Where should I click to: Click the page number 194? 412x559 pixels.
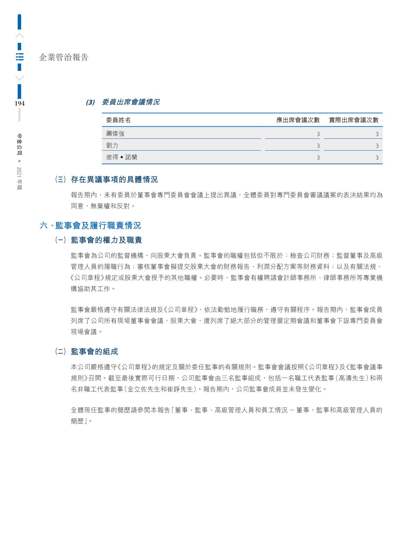pos(19,103)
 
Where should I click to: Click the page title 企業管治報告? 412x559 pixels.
pos(64,57)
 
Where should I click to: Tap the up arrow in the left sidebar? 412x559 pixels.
pos(20,36)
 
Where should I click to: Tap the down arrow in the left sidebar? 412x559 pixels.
pos(20,78)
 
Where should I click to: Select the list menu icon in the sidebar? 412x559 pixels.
pos(20,57)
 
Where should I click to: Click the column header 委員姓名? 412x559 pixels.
pos(118,120)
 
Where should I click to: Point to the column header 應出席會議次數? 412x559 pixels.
pos(298,120)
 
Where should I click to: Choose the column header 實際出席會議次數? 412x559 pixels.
pos(353,120)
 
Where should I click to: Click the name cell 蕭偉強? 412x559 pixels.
pos(115,134)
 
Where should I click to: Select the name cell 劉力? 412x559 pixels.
pos(112,145)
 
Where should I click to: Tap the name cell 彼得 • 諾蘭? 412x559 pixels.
pos(122,157)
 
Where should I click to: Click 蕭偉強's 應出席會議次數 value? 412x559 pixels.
pos(318,134)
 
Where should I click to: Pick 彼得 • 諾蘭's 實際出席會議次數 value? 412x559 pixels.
pos(377,157)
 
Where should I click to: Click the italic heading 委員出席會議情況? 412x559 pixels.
pos(130,102)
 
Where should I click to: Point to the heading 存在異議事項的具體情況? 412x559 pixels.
pos(114,180)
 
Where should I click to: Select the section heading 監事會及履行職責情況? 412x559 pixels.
pos(98,226)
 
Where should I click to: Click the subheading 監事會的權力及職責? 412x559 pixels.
pos(106,240)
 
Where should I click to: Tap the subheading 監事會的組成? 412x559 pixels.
pos(94,352)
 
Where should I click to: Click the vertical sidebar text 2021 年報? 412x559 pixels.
pos(20,178)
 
